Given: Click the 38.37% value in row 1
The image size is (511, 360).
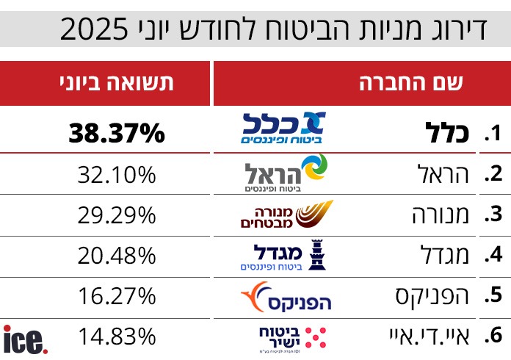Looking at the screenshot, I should [117, 134].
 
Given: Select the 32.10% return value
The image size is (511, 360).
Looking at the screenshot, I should [117, 175].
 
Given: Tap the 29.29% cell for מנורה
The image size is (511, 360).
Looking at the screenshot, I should [117, 215].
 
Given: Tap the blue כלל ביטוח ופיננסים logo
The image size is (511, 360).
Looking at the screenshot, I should [283, 129].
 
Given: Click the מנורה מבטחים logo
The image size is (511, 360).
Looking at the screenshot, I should [287, 215].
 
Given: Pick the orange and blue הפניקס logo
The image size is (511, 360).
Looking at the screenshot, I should [286, 297].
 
